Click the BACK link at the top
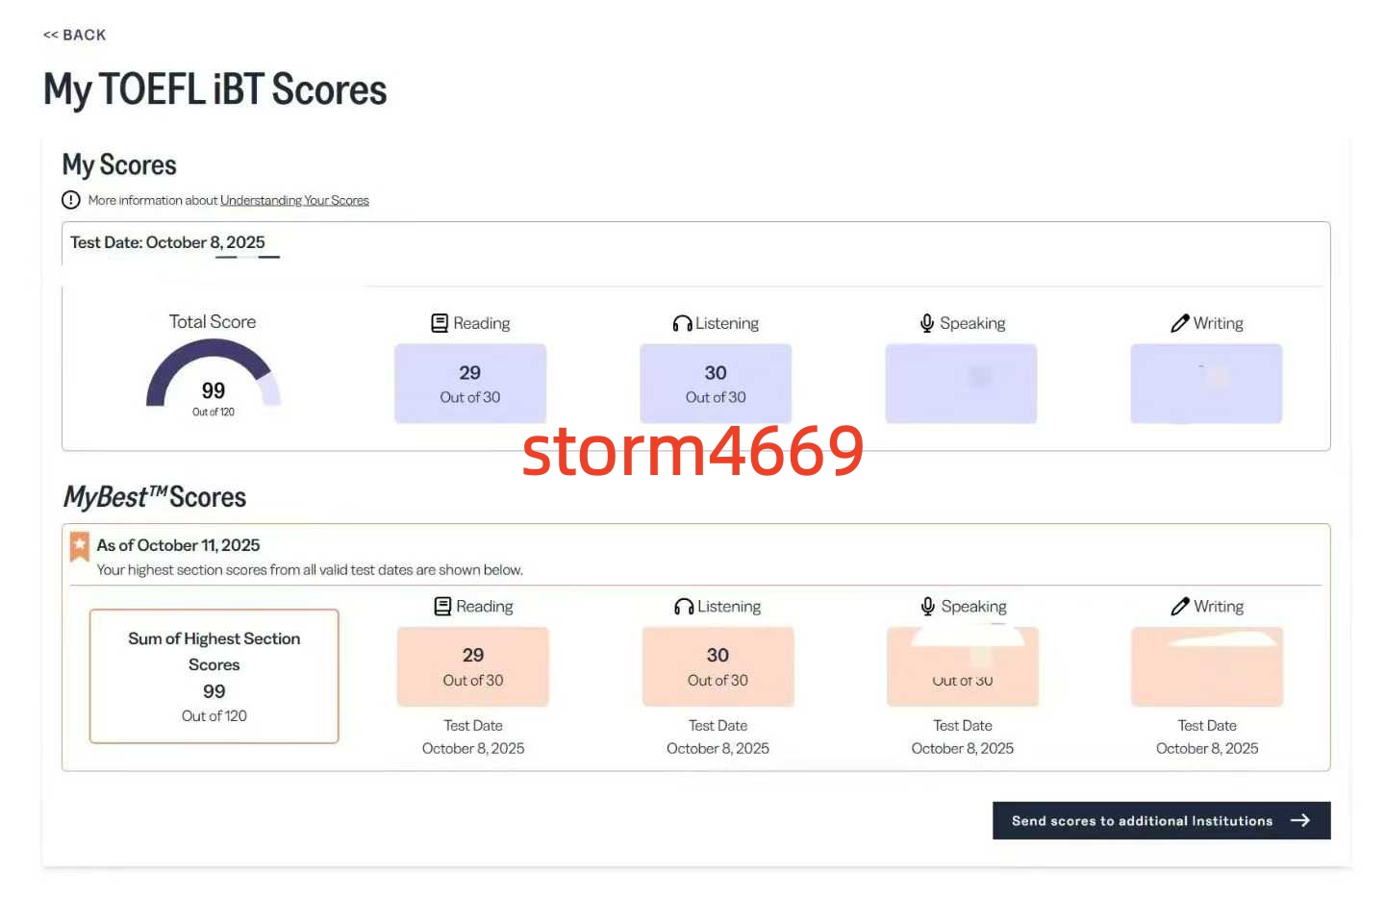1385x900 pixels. click(75, 35)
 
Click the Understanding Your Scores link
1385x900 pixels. click(294, 200)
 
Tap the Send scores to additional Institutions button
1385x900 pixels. click(1161, 820)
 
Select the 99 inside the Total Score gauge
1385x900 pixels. click(214, 390)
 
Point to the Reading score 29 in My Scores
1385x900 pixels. click(470, 373)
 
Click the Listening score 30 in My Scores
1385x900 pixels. click(716, 373)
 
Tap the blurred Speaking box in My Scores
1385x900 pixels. click(961, 383)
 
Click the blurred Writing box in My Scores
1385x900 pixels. click(1206, 383)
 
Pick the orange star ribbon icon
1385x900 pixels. click(80, 546)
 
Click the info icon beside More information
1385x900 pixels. click(71, 200)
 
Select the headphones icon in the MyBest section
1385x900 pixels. click(684, 607)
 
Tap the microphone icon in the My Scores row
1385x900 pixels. click(927, 323)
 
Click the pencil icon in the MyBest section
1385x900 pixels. click(1180, 607)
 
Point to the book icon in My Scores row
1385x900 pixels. click(440, 323)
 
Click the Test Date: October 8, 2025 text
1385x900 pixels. click(167, 242)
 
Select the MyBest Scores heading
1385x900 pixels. click(155, 497)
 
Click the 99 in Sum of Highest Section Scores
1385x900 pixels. click(214, 691)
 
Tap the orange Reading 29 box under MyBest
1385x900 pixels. click(473, 666)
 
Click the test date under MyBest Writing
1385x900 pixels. click(1207, 748)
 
